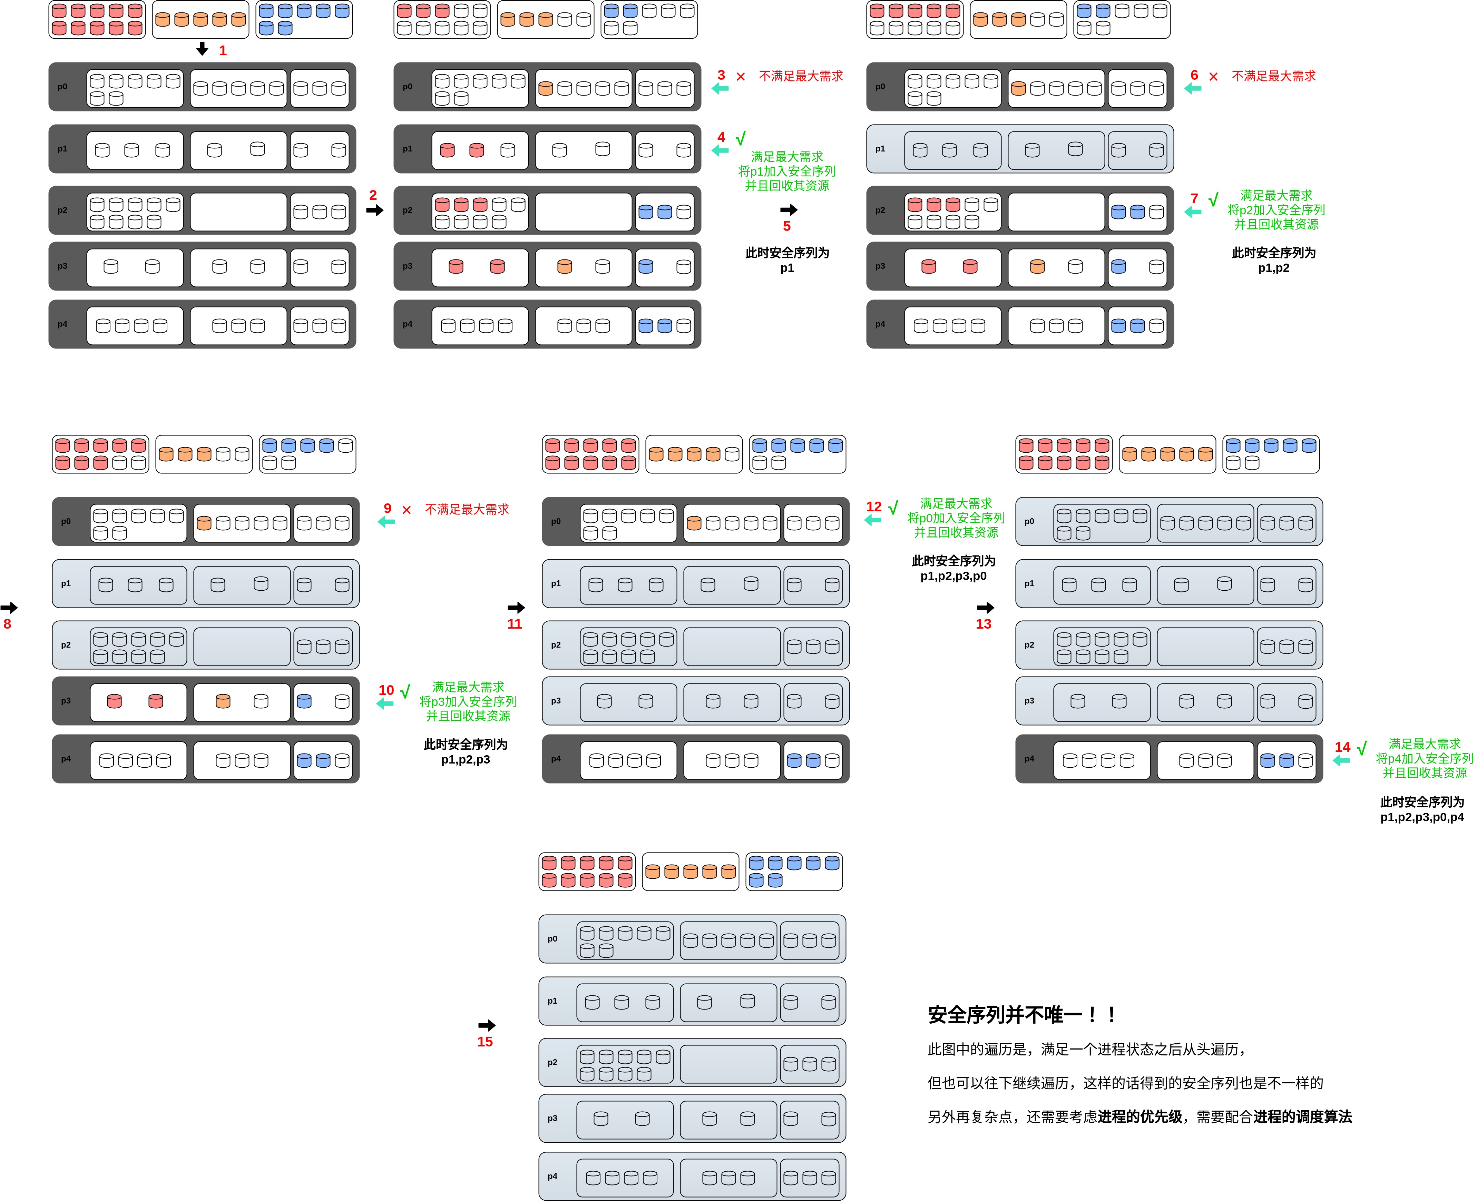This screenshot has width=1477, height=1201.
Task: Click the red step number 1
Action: [x=223, y=50]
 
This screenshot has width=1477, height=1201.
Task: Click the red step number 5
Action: [x=786, y=226]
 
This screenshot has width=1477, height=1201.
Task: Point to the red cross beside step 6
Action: [x=1213, y=77]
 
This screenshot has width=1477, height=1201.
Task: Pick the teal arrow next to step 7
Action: [x=1193, y=212]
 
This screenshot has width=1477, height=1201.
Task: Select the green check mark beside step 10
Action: [x=405, y=690]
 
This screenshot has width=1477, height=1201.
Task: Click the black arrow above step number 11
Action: [x=516, y=608]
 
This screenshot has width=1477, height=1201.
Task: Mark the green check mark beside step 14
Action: [x=1361, y=748]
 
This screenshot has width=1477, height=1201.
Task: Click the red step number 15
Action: [x=485, y=1042]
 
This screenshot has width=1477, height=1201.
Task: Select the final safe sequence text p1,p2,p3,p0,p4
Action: [x=1422, y=817]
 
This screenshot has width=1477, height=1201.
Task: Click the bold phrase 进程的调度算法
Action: [x=1302, y=1116]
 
